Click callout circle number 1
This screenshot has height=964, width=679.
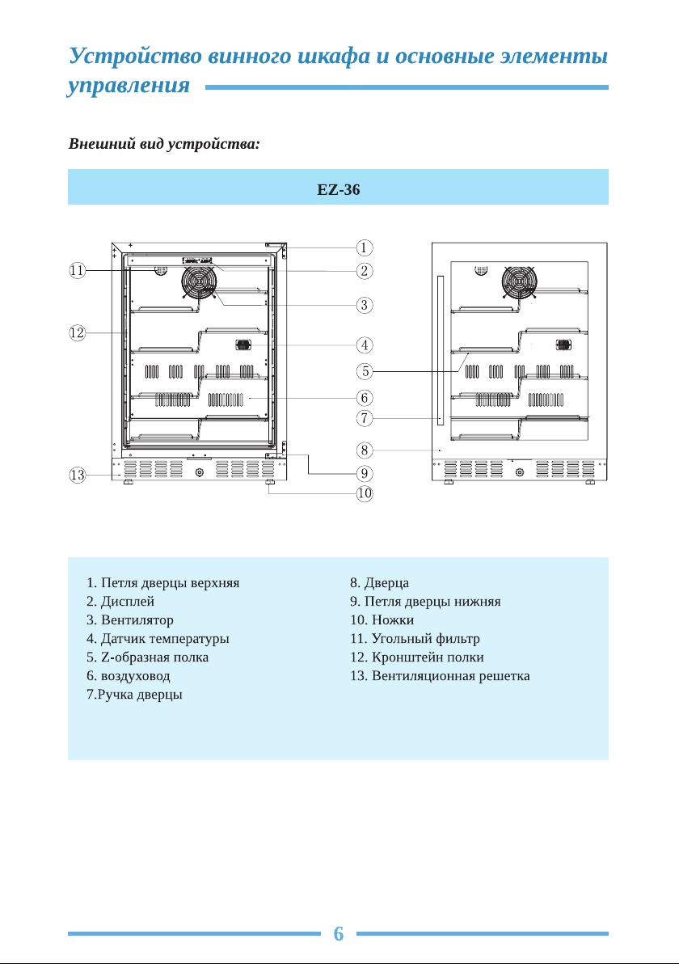pos(365,247)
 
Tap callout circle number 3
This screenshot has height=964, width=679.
pos(365,305)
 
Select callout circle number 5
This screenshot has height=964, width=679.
pos(365,371)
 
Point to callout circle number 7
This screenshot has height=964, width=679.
pos(365,419)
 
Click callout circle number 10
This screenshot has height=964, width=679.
pos(365,493)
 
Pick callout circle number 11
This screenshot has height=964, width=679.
pos(77,270)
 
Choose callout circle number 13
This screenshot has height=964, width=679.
pos(77,476)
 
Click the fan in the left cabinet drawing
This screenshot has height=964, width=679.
pos(199,282)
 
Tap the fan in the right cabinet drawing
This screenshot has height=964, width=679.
pos(520,282)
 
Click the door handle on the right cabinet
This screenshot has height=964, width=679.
pos(441,350)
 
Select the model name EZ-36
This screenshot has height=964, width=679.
pos(339,189)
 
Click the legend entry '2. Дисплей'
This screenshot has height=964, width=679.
pos(120,601)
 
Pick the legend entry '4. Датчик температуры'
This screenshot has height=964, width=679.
pos(158,639)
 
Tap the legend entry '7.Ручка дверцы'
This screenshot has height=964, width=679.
pos(134,695)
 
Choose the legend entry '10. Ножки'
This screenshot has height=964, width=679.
pos(382,620)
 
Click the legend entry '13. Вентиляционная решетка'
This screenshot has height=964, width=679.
pos(440,676)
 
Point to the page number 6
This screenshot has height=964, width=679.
pos(339,933)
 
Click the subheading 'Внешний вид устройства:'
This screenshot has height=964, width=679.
pos(164,144)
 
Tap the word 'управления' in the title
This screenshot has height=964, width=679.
pos(129,86)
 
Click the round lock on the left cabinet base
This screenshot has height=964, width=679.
pos(199,472)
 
